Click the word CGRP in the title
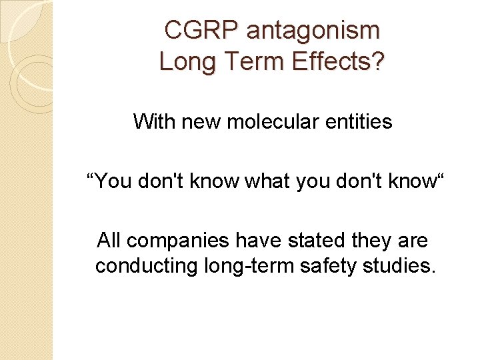(202, 31)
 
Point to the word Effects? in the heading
(338, 62)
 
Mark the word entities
(361, 122)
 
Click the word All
(109, 239)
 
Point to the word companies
(174, 239)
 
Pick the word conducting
(145, 266)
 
